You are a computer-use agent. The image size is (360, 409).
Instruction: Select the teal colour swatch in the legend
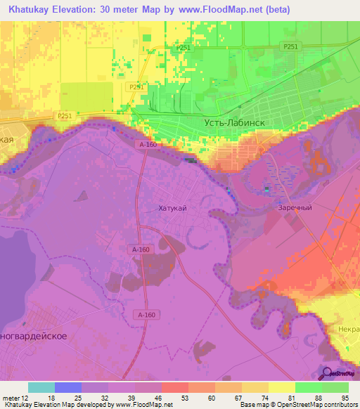[41, 387]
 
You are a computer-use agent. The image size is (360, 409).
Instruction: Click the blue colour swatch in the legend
[68, 387]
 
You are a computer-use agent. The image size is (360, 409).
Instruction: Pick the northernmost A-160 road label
[147, 144]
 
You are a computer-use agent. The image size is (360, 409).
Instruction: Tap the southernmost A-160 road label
[146, 314]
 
